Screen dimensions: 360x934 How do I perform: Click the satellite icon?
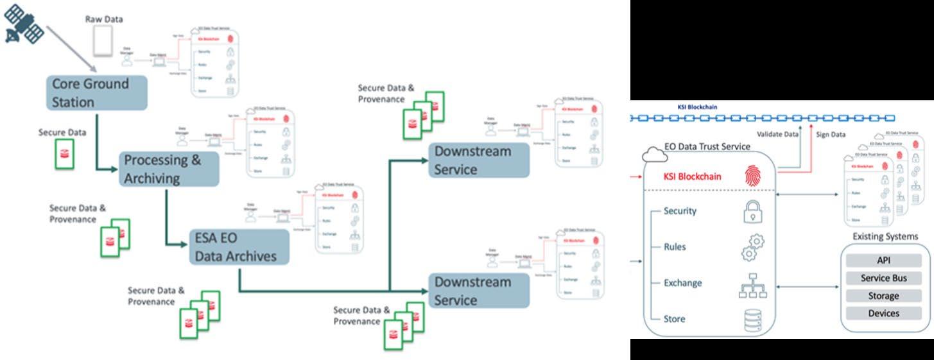[24, 25]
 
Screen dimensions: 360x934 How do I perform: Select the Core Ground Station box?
[97, 92]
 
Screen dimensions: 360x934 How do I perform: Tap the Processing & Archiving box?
[169, 169]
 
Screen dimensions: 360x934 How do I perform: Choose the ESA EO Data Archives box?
[239, 247]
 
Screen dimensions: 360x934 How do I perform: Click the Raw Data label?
[104, 19]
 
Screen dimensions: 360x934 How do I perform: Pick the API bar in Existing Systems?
[883, 261]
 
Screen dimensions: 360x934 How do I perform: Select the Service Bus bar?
[883, 279]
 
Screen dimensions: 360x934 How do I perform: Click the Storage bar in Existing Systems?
[883, 296]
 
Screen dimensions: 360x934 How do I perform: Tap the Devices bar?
[883, 313]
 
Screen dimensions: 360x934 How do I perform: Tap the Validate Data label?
[777, 134]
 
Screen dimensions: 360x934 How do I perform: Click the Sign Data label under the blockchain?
[830, 134]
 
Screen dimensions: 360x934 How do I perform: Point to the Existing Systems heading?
[885, 237]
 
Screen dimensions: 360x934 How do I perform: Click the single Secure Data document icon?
[64, 154]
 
